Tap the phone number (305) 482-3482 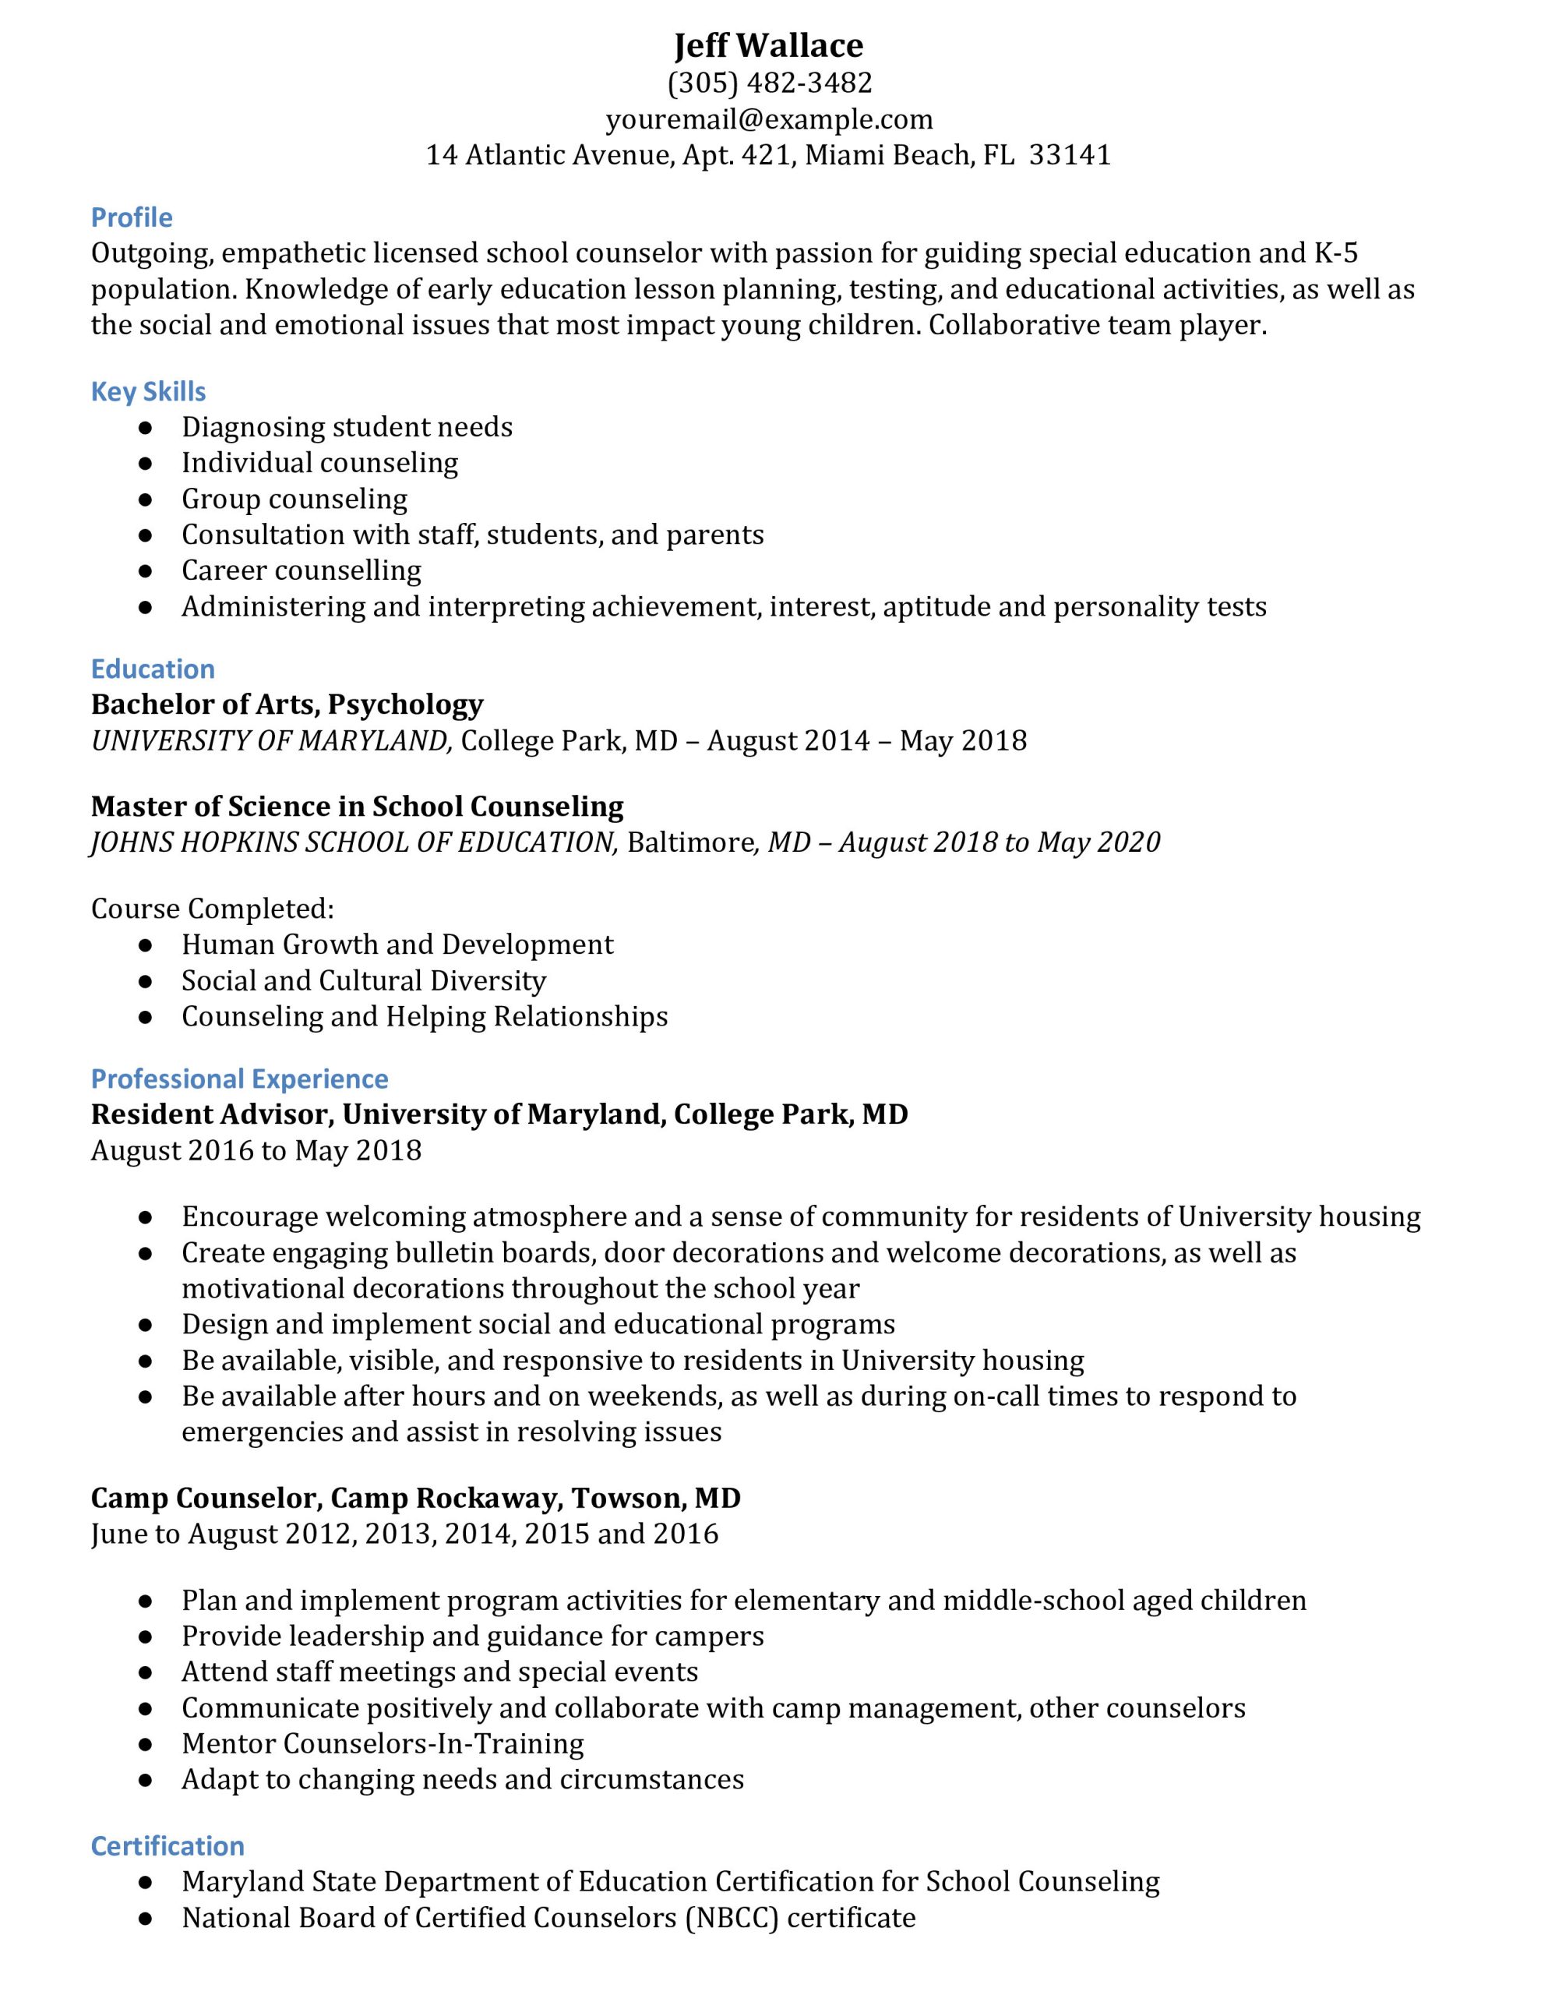[769, 83]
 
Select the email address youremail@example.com [769, 120]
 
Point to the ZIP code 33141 [1070, 155]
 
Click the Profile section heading [132, 217]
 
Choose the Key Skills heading [148, 391]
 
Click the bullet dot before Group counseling [145, 500]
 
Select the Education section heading [153, 669]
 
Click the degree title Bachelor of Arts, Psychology [287, 704]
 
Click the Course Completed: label [212, 908]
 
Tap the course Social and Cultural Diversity [364, 980]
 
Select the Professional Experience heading [239, 1079]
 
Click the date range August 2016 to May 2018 [256, 1150]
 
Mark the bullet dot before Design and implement [145, 1326]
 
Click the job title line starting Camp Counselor [415, 1498]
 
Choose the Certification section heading [167, 1845]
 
